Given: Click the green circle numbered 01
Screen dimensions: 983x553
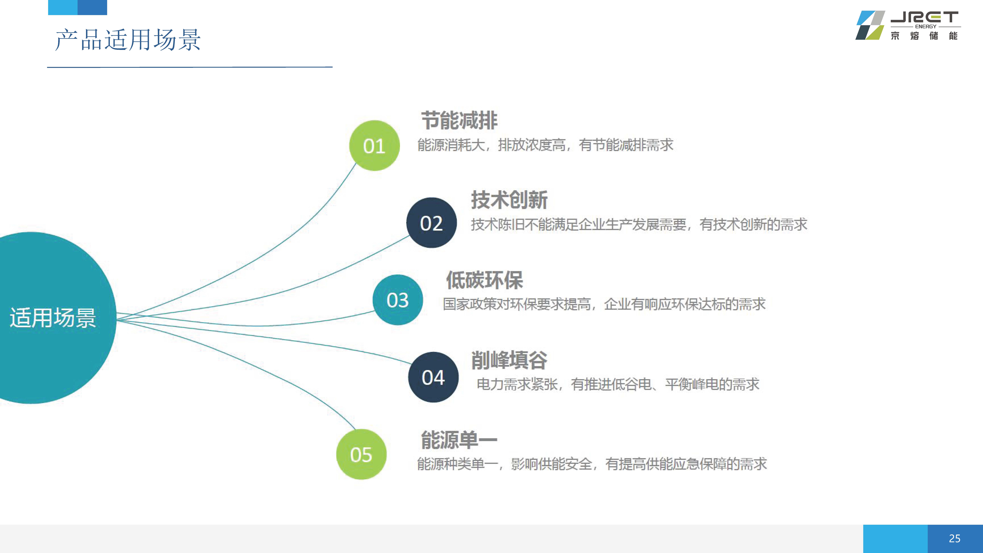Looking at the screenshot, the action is (x=374, y=145).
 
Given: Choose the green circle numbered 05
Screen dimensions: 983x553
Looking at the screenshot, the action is (x=361, y=454).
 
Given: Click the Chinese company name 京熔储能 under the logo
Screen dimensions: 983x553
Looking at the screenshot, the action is (x=924, y=36).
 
